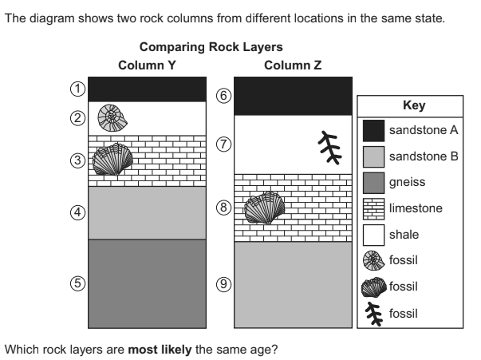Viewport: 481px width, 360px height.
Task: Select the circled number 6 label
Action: coord(224,96)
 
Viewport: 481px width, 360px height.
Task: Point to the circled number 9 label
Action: coord(224,283)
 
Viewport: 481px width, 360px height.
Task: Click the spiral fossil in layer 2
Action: coord(112,118)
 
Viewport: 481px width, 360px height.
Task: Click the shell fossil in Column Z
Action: coord(262,208)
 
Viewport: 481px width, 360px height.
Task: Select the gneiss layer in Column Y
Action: coord(147,283)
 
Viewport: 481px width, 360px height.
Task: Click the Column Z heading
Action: coord(293,65)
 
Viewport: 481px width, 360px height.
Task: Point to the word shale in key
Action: coord(403,234)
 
